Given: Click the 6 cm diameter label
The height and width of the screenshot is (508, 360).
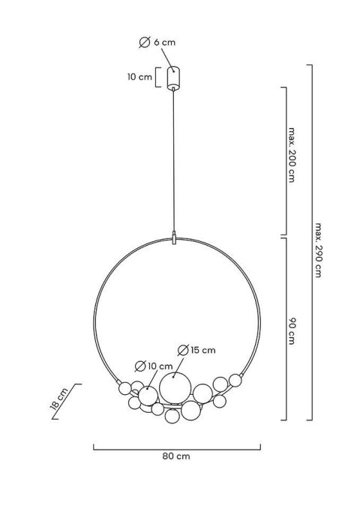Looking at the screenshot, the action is pyautogui.click(x=157, y=43).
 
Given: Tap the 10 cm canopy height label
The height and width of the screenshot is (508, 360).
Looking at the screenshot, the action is pyautogui.click(x=139, y=77).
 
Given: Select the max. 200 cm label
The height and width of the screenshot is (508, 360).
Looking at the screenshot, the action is pyautogui.click(x=292, y=155).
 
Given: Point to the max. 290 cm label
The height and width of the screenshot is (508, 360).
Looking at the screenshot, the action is pyautogui.click(x=318, y=250).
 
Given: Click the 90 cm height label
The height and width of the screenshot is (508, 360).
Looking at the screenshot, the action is pyautogui.click(x=292, y=330).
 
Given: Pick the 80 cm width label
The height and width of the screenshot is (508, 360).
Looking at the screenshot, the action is pyautogui.click(x=176, y=456).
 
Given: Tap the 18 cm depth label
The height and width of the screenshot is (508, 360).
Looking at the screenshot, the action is pyautogui.click(x=59, y=399).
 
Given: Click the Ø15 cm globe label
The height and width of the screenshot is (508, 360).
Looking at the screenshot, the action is pyautogui.click(x=196, y=350).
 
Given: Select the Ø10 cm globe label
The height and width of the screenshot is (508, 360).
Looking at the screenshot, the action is pyautogui.click(x=154, y=366).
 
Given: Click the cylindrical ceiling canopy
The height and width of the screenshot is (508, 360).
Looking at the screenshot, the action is pyautogui.click(x=173, y=78).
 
